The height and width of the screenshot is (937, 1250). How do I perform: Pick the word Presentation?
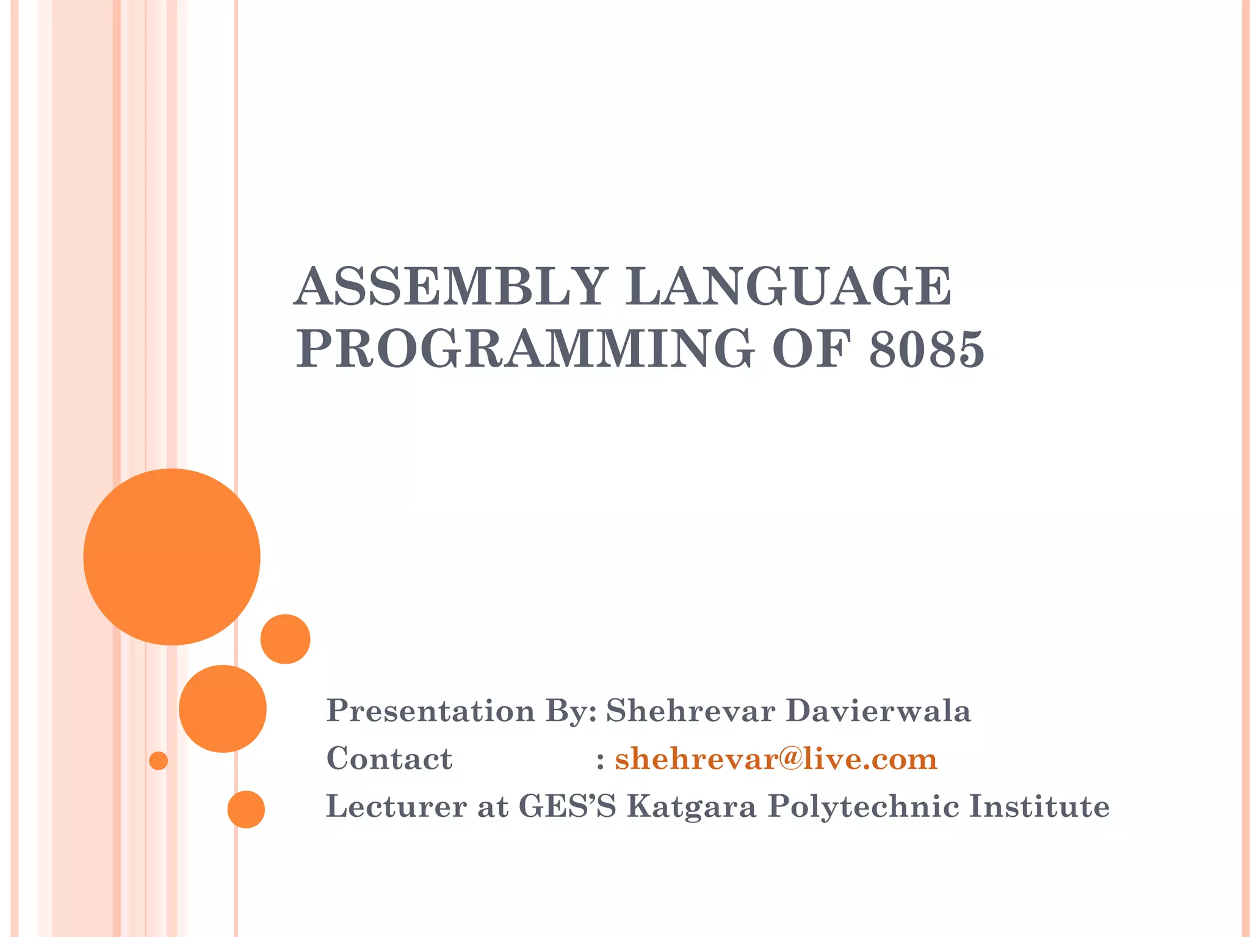coord(430,711)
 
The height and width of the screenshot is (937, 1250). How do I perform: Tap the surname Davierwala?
coord(878,711)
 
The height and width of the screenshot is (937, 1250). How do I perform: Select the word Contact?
coord(389,759)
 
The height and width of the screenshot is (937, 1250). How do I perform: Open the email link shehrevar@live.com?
coord(776,759)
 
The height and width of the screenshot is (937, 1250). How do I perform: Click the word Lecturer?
coord(396,806)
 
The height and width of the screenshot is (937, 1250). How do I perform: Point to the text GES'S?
coord(567,806)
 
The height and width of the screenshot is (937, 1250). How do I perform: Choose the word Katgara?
coord(692,806)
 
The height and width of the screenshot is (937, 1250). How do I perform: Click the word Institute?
coord(1039,806)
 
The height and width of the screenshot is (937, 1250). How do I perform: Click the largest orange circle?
coord(172,556)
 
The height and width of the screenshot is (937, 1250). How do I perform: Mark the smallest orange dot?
coord(158,761)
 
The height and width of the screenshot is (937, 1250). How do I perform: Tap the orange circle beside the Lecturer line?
coord(246,809)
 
